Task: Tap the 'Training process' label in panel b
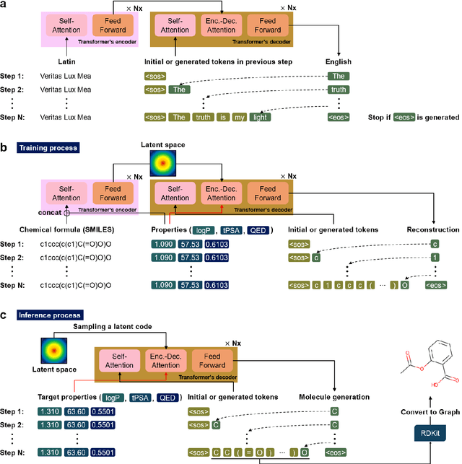(x=48, y=147)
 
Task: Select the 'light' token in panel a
(x=259, y=117)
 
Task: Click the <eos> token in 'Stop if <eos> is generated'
(x=404, y=117)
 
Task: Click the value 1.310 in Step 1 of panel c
(x=50, y=411)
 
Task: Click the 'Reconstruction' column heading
(x=433, y=230)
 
